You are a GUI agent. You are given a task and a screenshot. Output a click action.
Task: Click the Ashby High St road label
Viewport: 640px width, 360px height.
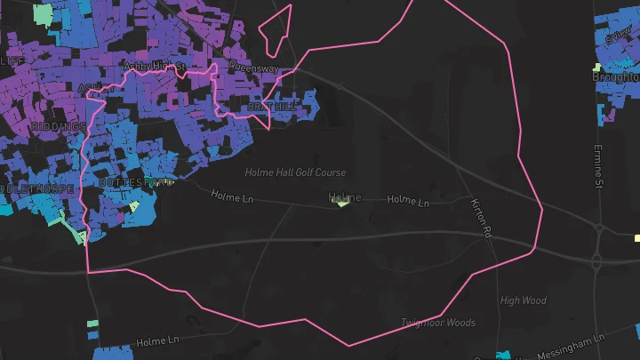[x=154, y=67]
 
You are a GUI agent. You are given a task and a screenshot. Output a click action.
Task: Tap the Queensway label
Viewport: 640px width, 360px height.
[x=253, y=67]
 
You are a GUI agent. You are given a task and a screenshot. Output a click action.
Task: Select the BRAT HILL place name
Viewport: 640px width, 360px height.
[x=273, y=107]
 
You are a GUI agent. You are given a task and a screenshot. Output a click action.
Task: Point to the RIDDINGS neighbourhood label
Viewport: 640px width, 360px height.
[x=59, y=127]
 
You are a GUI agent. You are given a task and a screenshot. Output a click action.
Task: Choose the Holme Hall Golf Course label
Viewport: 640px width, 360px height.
[x=296, y=172]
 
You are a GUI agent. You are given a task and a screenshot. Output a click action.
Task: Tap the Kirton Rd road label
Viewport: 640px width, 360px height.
[x=482, y=218]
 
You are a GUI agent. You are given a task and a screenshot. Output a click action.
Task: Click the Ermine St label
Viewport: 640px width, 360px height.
[x=598, y=166]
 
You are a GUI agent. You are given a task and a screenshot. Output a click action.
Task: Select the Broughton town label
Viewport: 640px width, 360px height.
[x=616, y=77]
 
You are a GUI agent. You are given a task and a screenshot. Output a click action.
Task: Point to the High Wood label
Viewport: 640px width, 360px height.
[x=524, y=300]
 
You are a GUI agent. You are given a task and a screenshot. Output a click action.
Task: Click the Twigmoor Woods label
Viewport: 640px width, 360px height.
[x=438, y=323]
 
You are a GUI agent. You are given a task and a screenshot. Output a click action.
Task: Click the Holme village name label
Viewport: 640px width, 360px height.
[x=345, y=196]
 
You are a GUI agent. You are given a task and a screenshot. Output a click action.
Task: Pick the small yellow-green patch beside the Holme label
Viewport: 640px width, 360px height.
[x=341, y=204]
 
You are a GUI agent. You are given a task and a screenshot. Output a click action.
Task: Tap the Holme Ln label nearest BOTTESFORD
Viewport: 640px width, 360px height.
[x=232, y=196]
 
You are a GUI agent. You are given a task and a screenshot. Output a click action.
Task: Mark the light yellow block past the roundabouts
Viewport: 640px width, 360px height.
[x=637, y=238]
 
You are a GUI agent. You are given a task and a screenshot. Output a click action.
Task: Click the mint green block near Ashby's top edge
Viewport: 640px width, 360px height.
[x=43, y=14]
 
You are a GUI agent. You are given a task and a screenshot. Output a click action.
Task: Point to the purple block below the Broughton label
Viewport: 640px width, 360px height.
[x=610, y=113]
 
